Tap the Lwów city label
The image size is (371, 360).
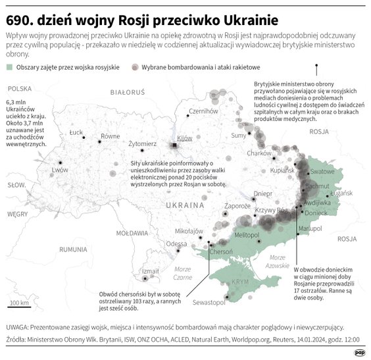(x=60, y=169)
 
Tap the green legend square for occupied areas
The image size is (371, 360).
(x=9, y=67)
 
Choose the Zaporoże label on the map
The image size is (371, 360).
(x=237, y=206)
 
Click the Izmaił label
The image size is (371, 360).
(x=151, y=271)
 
